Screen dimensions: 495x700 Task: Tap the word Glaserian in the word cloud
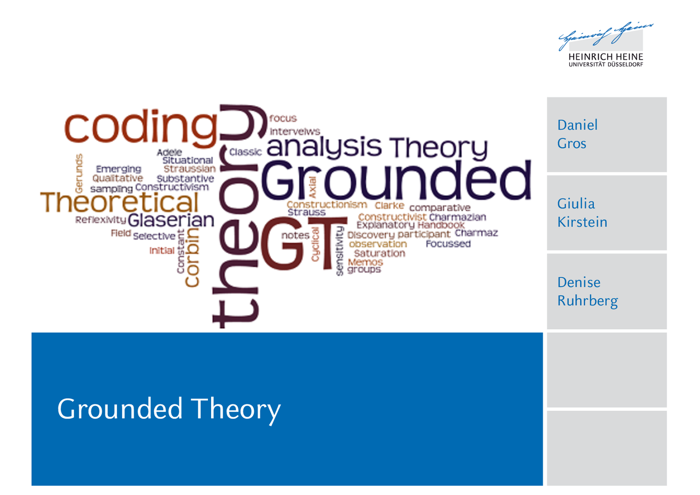point(170,220)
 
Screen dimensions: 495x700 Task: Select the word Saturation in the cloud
point(379,254)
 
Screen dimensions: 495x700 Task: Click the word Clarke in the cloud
point(389,206)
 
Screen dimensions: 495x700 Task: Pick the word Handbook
point(441,225)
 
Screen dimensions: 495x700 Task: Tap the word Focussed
point(448,244)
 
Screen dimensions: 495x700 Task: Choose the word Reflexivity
point(101,220)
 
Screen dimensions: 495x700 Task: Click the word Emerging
point(118,169)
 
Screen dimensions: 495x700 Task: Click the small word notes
point(295,235)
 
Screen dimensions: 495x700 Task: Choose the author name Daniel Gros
point(577,135)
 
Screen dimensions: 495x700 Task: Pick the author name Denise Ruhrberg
point(587,292)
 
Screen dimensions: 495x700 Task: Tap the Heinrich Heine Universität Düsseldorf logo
point(606,45)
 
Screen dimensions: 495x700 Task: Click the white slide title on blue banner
point(169,410)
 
